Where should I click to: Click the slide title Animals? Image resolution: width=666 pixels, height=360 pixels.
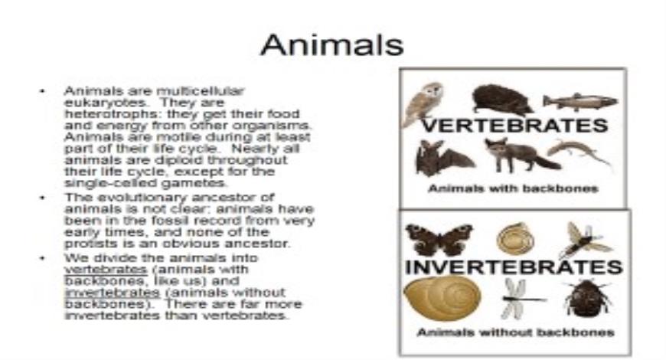(331, 45)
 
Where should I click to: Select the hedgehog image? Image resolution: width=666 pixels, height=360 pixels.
(501, 100)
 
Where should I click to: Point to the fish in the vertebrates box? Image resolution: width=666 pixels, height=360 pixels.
(579, 101)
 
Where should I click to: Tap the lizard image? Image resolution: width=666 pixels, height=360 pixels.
(579, 152)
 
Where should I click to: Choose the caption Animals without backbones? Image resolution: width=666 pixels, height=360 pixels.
(515, 332)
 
